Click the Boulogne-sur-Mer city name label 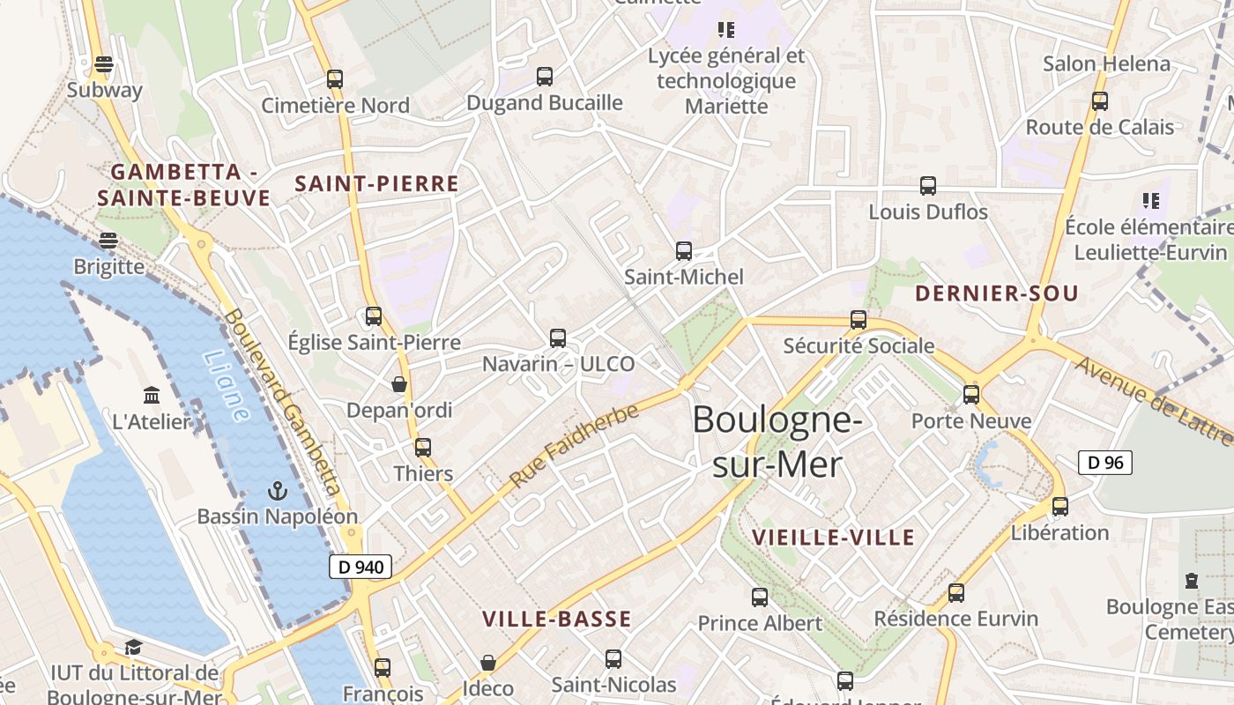coord(777,441)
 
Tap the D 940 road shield coord(361,567)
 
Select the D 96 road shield coord(1104,462)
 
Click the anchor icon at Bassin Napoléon coord(278,490)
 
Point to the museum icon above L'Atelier coord(152,395)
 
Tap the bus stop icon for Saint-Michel coord(684,251)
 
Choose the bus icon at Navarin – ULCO coord(558,338)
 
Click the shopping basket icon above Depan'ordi coord(399,384)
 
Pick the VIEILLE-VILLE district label coord(833,537)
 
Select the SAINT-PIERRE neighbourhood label coord(376,183)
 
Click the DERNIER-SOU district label coord(996,293)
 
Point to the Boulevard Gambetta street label coord(282,401)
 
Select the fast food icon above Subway coord(104,64)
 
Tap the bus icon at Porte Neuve coord(971,395)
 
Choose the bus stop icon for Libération coord(1060,507)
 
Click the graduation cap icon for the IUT coord(133,648)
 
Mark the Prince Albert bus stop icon coord(760,597)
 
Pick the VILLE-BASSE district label coord(557,619)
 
